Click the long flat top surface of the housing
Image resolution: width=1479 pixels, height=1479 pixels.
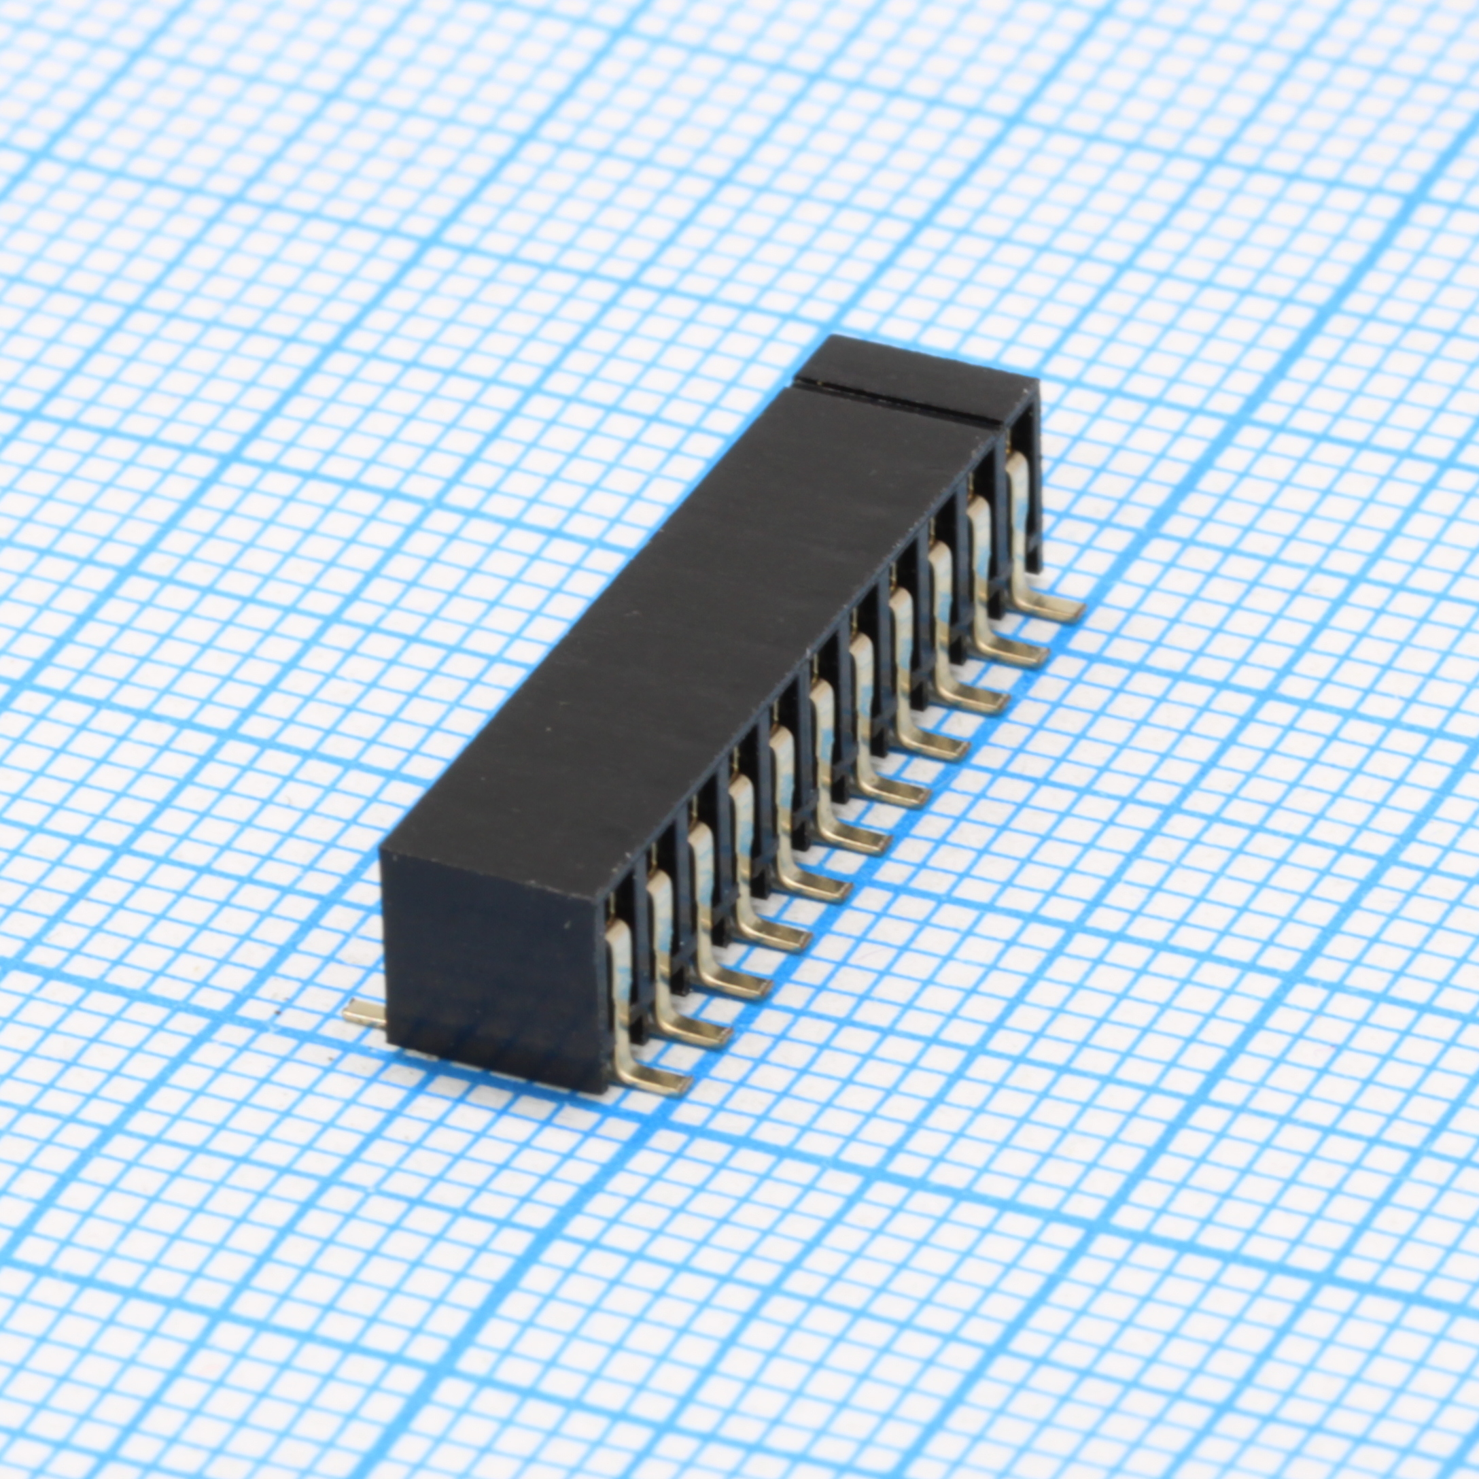point(689,613)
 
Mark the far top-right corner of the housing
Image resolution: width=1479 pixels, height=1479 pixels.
point(1037,386)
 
